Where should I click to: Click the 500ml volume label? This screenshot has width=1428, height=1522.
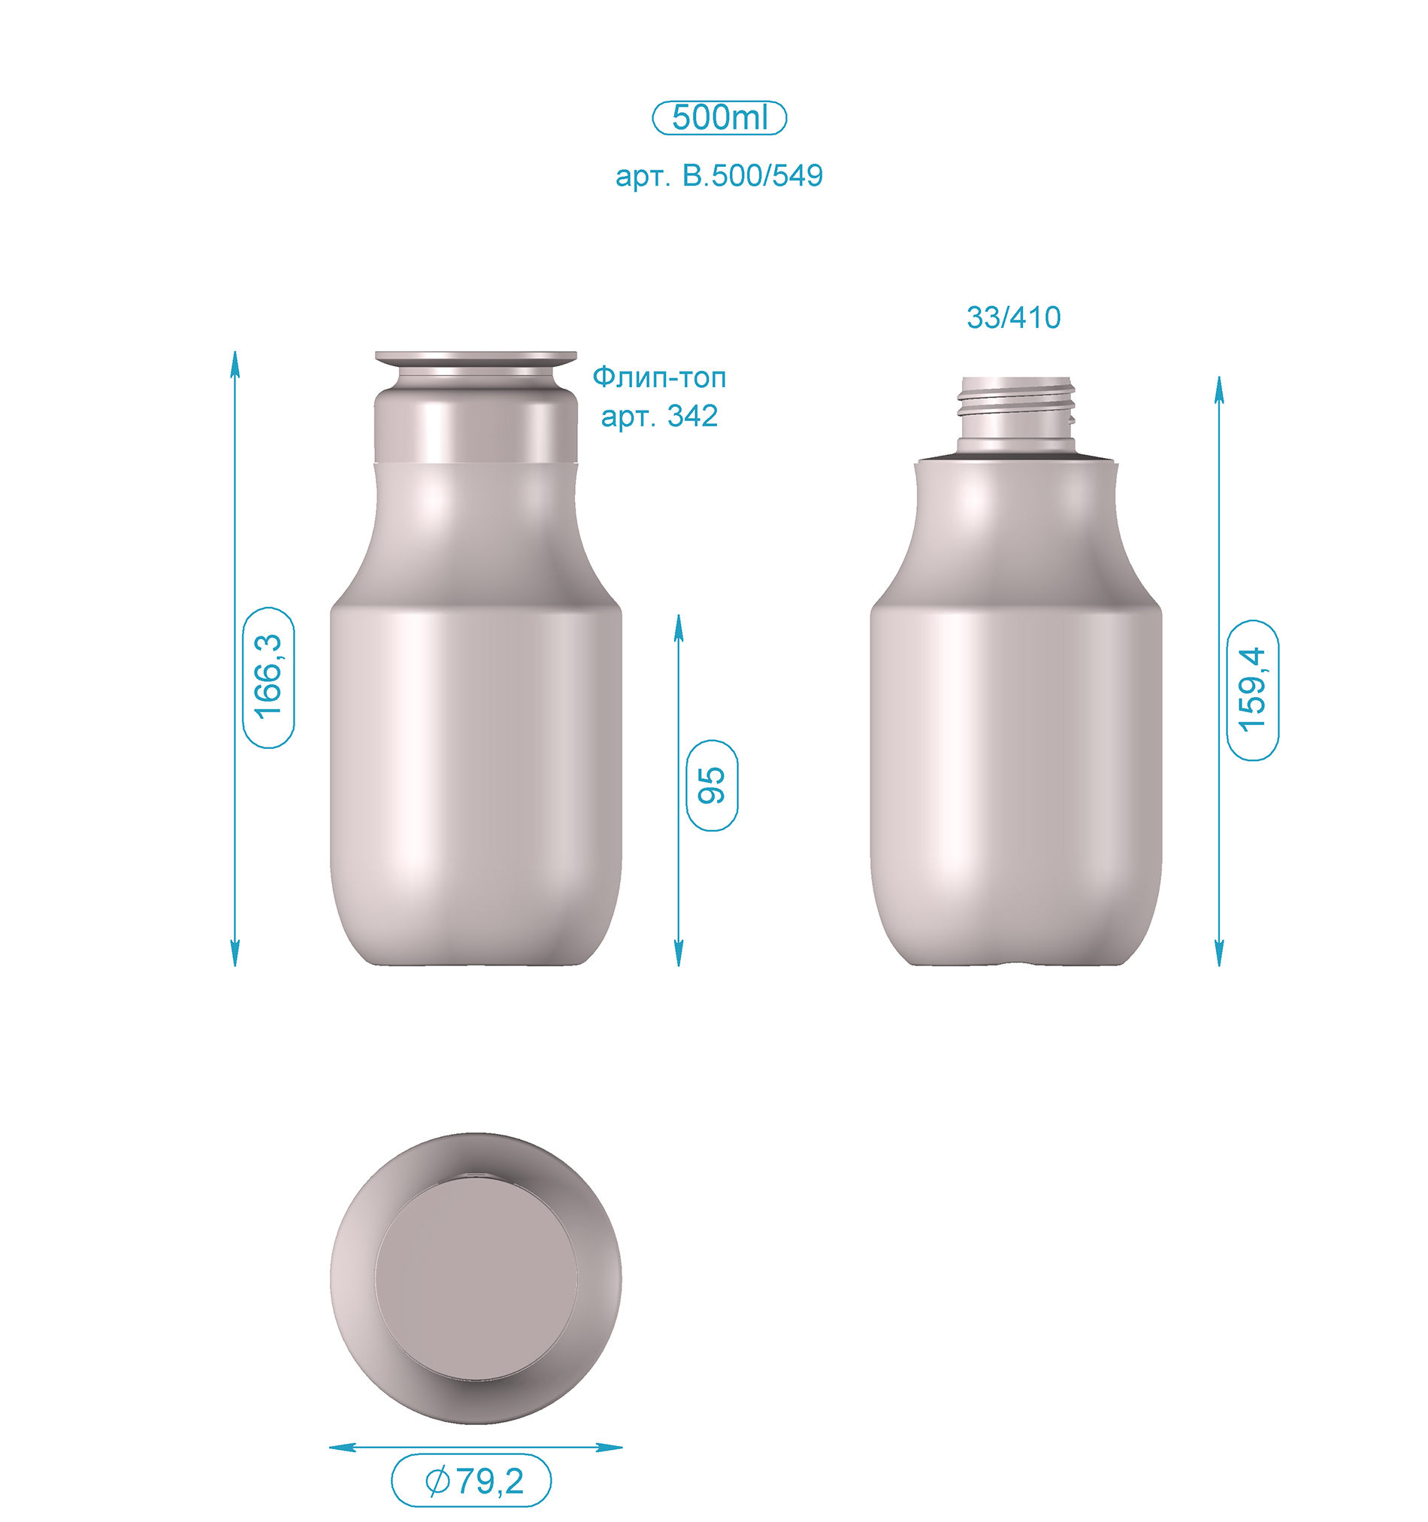pos(719,118)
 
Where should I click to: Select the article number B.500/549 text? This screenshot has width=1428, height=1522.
pos(719,176)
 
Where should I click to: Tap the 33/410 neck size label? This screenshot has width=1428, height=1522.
pos(1013,317)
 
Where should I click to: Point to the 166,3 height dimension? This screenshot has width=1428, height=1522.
pos(268,678)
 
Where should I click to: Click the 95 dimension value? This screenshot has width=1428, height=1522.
pos(712,786)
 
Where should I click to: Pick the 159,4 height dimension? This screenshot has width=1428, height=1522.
pos(1253,690)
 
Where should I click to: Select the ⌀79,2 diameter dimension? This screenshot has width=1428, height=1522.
pos(471,1481)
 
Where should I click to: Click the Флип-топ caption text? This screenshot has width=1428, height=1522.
pos(659,377)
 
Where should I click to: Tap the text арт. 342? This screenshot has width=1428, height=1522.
pos(659,417)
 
